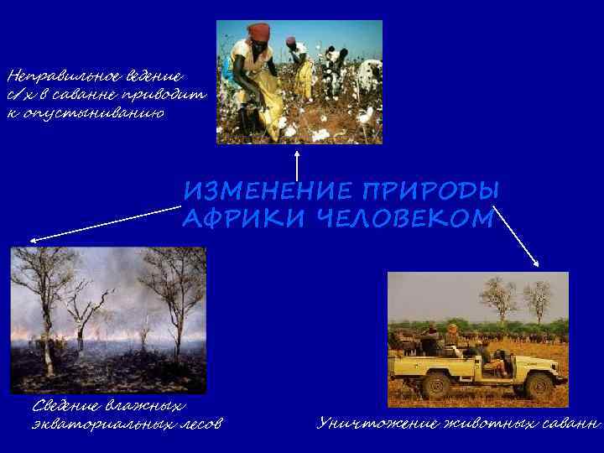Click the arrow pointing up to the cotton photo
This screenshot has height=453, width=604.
click(x=297, y=164)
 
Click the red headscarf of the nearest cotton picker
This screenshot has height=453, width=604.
click(x=259, y=31)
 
